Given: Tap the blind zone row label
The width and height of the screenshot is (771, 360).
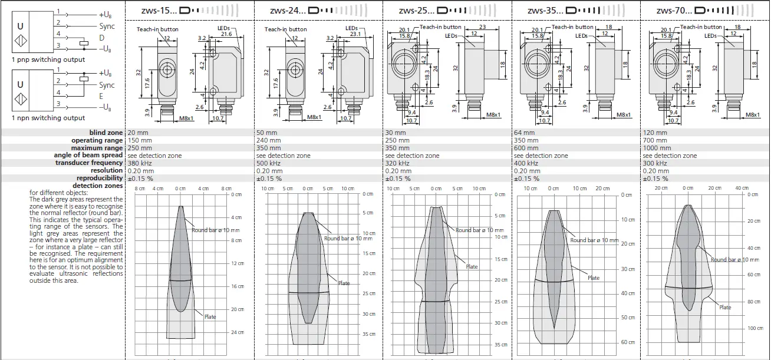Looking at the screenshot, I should pos(106,133).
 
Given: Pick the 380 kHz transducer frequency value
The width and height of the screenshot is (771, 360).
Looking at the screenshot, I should pos(141,163).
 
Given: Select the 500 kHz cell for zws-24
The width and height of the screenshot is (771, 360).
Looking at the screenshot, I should pos(269,163).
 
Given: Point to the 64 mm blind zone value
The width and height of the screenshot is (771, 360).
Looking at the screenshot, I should pos(524,133).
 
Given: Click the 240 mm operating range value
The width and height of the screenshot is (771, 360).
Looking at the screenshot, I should pos(269,140).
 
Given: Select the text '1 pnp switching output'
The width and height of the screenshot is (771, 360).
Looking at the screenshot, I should pos(48,60).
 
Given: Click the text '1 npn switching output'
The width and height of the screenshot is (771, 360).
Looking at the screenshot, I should pos(48,118).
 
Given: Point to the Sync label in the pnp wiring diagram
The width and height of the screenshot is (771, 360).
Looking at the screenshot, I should pos(107,26).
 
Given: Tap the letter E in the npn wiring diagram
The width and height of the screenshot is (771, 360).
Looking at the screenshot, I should pos(101,96).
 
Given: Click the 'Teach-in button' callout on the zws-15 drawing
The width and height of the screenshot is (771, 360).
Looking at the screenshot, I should pos(157,29).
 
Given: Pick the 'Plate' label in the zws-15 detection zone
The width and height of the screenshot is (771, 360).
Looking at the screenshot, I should pos(210,317).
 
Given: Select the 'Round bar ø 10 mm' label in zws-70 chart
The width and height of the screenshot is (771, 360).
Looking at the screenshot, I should pos(734,260).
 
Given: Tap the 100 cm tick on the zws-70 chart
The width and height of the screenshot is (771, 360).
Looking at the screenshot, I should pos(756,328).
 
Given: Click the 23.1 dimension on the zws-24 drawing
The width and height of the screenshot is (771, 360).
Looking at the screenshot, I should pos(355,35).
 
